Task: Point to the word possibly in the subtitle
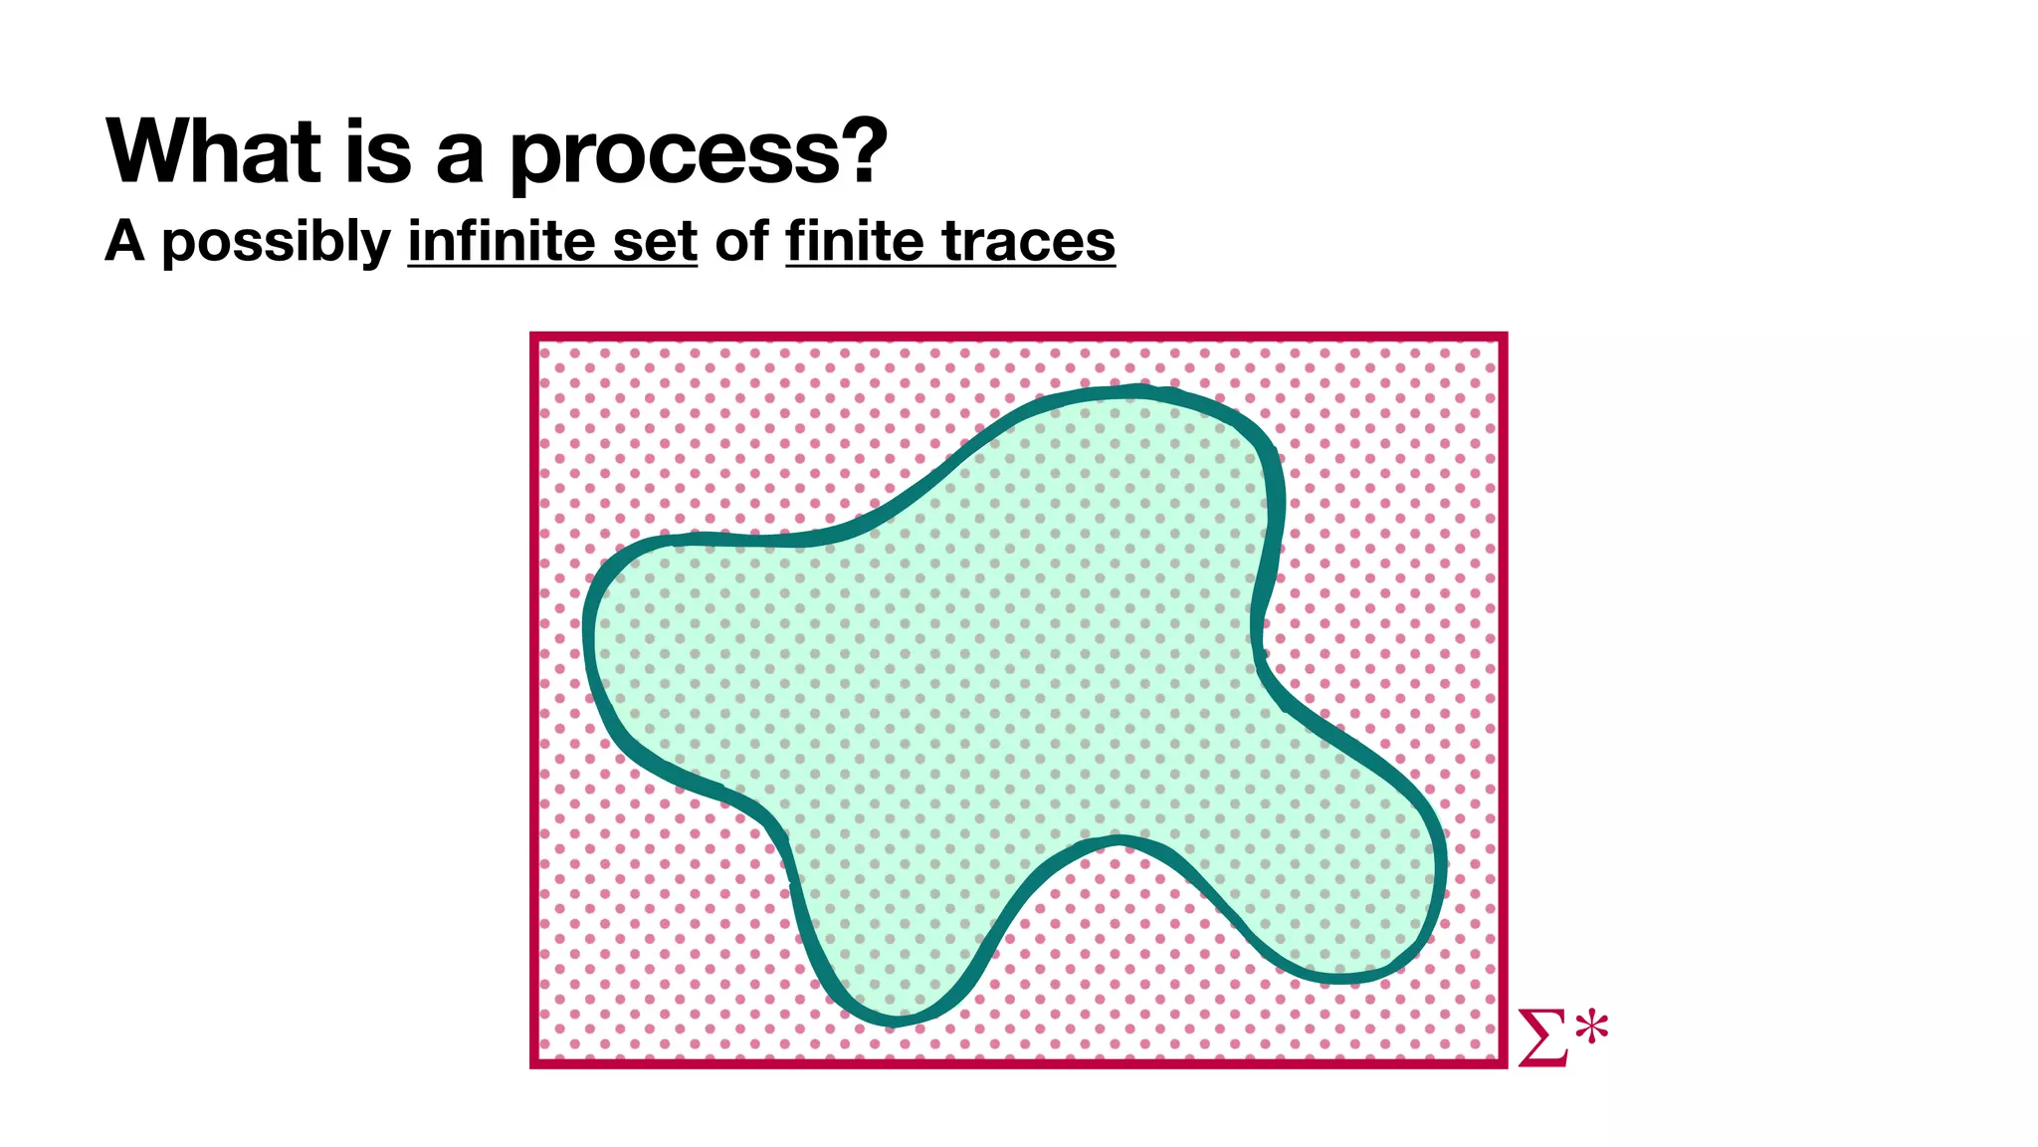click(277, 243)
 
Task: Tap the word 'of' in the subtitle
click(741, 241)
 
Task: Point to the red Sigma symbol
click(1541, 1037)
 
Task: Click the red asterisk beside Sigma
click(1591, 1028)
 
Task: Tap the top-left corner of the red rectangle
click(535, 338)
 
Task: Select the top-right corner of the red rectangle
click(1503, 338)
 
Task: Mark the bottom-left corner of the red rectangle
click(535, 1062)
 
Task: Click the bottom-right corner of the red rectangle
click(1503, 1062)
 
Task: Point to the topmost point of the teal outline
click(1134, 391)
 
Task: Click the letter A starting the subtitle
click(125, 241)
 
